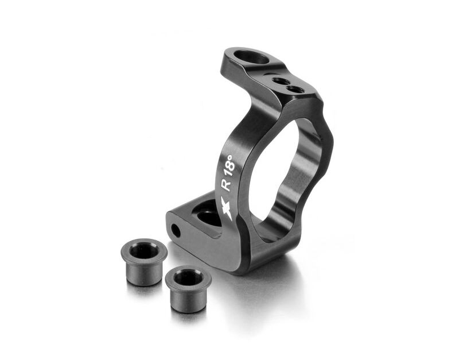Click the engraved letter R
coord(225,185)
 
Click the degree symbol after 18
coord(231,157)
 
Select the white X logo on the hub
coord(227,208)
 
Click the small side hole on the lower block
coord(176,230)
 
